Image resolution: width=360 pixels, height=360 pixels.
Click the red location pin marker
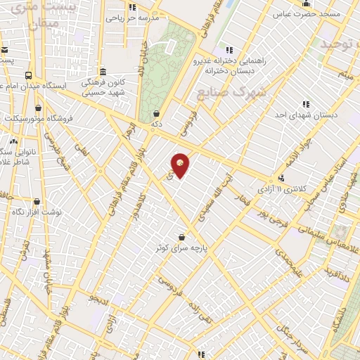[x=181, y=165]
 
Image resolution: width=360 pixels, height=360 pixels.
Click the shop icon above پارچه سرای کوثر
[x=183, y=237]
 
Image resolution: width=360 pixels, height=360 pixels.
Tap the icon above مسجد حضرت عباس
[x=306, y=4]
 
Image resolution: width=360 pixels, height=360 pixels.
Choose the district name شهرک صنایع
[x=224, y=91]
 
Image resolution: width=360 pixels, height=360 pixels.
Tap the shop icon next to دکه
[x=155, y=113]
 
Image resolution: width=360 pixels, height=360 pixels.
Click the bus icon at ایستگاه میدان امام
[x=28, y=75]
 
